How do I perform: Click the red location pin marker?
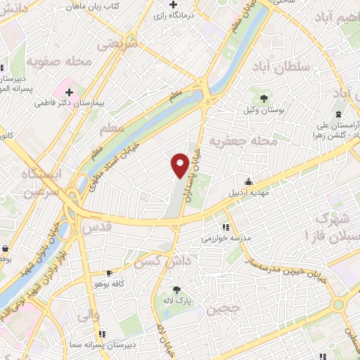(180, 164)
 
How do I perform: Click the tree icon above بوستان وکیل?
(264, 98)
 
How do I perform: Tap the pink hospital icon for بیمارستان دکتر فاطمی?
(69, 91)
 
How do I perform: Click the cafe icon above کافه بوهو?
(109, 273)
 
